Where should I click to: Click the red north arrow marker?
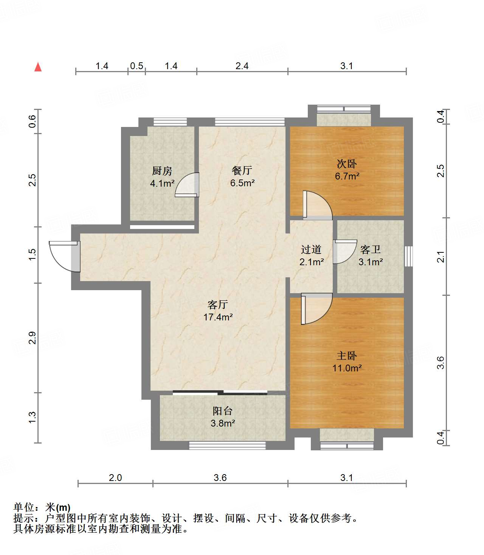38,67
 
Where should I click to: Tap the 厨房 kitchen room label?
162,171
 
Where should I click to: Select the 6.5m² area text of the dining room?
242,183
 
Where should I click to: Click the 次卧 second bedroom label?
347,164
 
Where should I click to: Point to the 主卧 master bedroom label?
347,356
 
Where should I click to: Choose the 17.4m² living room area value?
218,317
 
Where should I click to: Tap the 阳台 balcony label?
223,411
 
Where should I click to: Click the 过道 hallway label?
311,250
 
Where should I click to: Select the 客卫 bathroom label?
370,250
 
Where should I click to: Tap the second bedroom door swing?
316,205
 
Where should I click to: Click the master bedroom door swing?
315,309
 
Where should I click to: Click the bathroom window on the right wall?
408,256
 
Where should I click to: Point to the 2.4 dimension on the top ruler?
242,66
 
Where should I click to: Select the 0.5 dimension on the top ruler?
137,66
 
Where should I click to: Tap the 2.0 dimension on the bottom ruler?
115,478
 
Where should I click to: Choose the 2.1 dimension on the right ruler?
441,257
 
